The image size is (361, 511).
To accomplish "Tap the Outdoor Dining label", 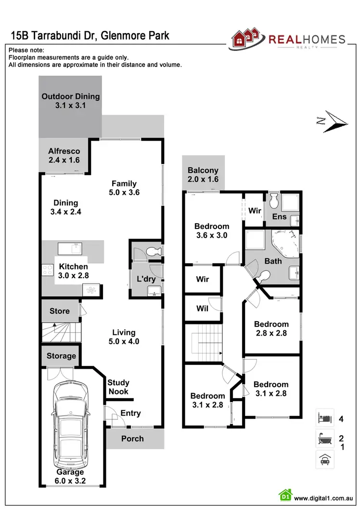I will click(70, 101).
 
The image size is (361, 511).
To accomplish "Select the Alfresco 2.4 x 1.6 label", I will click(64, 155).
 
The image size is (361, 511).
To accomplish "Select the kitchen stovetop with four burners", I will click(48, 270).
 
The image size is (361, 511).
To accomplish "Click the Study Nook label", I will click(118, 387).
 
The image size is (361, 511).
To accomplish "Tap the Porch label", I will click(132, 438).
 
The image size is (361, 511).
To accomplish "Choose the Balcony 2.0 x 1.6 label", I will click(203, 175).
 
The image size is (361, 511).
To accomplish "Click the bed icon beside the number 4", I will click(323, 418).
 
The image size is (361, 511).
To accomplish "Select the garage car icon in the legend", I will click(323, 459).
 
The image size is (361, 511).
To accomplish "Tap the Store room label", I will click(60, 311).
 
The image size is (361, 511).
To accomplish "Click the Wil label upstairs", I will click(203, 309).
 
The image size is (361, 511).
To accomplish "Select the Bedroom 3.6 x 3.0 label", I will click(211, 231).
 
